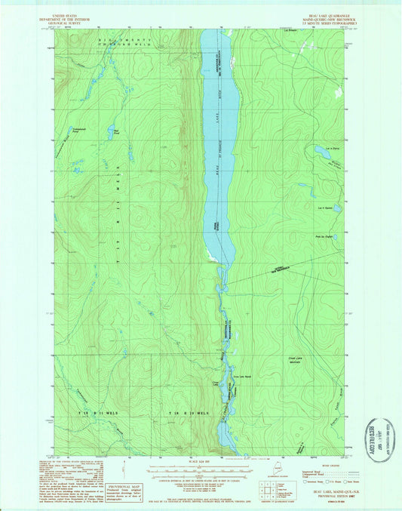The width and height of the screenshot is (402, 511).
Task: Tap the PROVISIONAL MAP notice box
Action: [x=124, y=491]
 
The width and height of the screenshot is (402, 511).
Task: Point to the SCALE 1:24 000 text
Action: [x=201, y=463]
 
